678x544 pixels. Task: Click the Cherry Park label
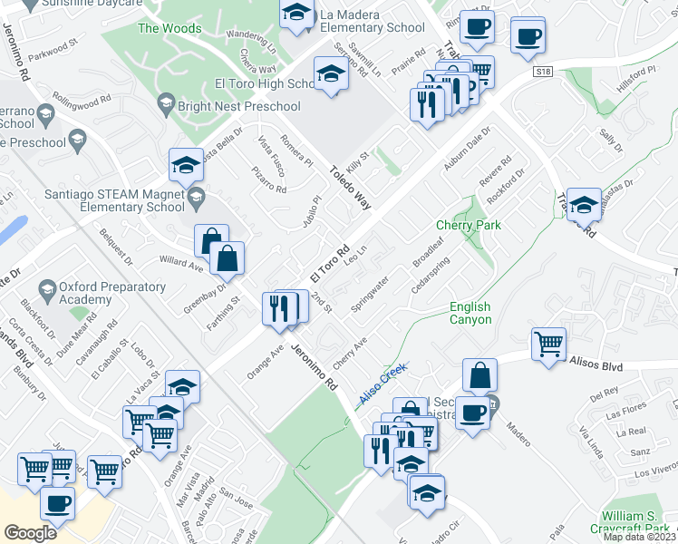(469, 225)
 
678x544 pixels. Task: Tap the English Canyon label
(470, 314)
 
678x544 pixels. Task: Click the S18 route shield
(543, 71)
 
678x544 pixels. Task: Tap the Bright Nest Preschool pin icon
(166, 107)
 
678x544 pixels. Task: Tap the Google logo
(30, 533)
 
